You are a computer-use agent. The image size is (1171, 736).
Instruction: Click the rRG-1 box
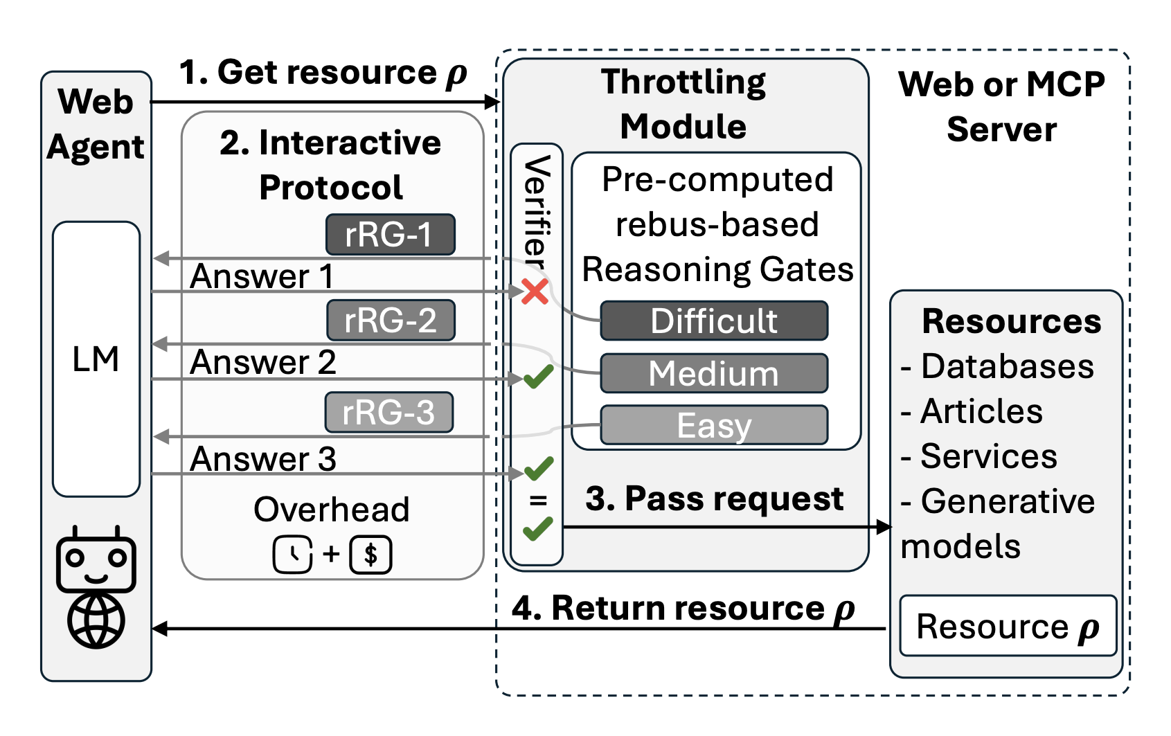tap(390, 235)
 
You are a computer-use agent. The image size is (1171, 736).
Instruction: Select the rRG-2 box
tap(391, 321)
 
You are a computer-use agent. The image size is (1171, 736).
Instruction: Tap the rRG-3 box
tap(388, 413)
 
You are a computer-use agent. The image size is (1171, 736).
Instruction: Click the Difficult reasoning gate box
tap(713, 321)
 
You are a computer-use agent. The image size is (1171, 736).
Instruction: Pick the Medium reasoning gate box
tap(713, 373)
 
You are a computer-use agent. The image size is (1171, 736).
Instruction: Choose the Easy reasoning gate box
tap(713, 425)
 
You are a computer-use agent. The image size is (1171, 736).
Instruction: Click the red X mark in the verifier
tap(535, 291)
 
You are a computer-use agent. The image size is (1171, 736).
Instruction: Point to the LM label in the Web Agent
tap(96, 359)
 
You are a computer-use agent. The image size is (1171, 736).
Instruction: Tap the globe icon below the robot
tap(96, 621)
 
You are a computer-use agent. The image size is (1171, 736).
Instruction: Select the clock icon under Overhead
tap(292, 555)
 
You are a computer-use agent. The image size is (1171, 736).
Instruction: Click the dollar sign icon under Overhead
tap(370, 555)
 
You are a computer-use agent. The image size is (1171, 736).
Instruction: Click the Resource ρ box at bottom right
tap(1007, 626)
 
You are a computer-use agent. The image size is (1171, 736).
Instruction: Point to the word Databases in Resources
tap(1007, 366)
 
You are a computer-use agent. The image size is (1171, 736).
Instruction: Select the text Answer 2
tap(262, 362)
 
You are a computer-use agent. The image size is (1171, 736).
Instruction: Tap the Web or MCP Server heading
tap(1001, 107)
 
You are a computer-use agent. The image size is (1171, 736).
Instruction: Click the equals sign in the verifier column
tap(537, 499)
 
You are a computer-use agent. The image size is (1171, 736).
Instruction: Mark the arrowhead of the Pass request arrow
tap(884, 527)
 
